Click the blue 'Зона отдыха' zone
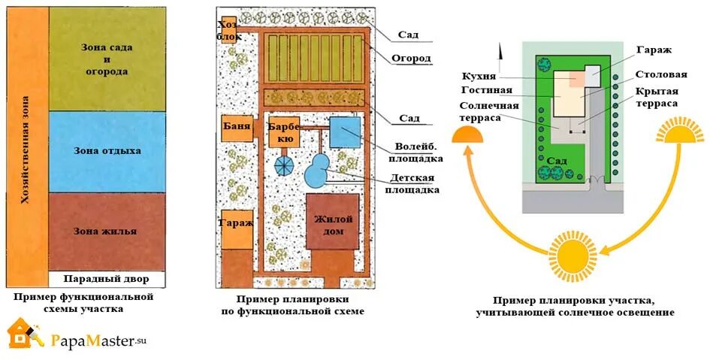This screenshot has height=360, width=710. [107, 150]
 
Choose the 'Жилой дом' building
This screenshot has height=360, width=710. [328, 225]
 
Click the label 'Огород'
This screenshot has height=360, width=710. [411, 59]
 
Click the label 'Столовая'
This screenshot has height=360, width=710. [661, 75]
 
